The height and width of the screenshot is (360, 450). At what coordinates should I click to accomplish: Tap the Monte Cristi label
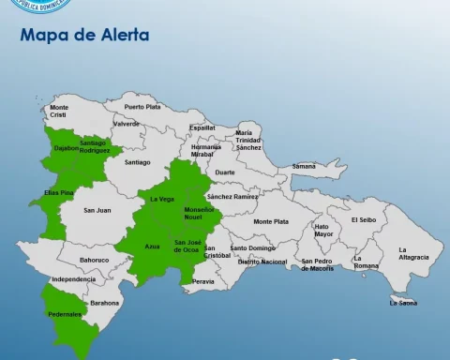coord(59,111)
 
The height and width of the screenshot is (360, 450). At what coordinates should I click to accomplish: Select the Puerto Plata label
coord(142,107)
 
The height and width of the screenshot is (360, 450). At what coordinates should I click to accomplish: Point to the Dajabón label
coord(67,147)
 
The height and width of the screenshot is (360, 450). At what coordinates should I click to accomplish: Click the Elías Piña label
coord(57,192)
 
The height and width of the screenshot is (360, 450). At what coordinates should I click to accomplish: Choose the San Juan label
coord(97,210)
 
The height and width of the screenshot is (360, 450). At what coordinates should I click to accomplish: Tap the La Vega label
coord(162,199)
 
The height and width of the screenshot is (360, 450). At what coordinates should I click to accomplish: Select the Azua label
coord(152,246)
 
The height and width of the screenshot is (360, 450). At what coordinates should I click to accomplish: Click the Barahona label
coord(105,303)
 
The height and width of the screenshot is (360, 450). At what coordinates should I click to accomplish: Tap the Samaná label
coord(304,166)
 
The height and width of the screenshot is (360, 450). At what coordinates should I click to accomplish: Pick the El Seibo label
coord(363,219)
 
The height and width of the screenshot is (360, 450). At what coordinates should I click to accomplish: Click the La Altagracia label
coord(413,253)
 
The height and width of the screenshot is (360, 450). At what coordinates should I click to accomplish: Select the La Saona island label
coord(404,303)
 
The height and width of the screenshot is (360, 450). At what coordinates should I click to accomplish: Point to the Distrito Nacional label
coord(262,262)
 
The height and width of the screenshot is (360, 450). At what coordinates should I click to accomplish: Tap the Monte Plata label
coord(270,221)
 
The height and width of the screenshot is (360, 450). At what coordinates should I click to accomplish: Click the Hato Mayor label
coord(323,230)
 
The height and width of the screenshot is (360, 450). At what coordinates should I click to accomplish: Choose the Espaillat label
coord(202,127)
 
